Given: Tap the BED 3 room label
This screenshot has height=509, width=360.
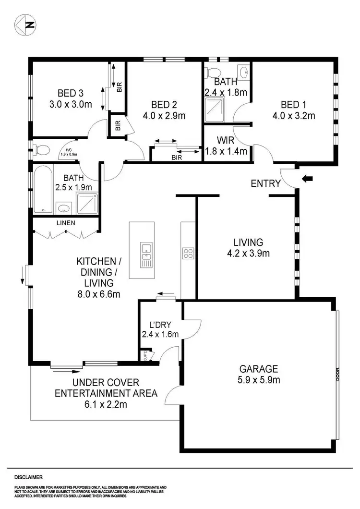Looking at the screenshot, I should point(72,93).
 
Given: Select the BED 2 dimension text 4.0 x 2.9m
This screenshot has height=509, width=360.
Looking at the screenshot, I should point(164,115).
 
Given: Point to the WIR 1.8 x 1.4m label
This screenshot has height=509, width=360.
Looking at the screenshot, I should point(226,146).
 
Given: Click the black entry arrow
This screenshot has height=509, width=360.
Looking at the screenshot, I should point(307,179).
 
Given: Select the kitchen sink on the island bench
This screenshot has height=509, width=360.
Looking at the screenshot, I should point(145,255).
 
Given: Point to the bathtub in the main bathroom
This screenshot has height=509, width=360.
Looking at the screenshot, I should point(43,189).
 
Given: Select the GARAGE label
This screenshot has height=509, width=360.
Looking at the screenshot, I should point(259,369).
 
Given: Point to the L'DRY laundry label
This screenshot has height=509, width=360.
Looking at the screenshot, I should point(160,325).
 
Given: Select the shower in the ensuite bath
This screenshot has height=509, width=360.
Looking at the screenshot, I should point(216,110).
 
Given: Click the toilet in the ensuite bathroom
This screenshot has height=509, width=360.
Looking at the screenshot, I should point(211,73).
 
